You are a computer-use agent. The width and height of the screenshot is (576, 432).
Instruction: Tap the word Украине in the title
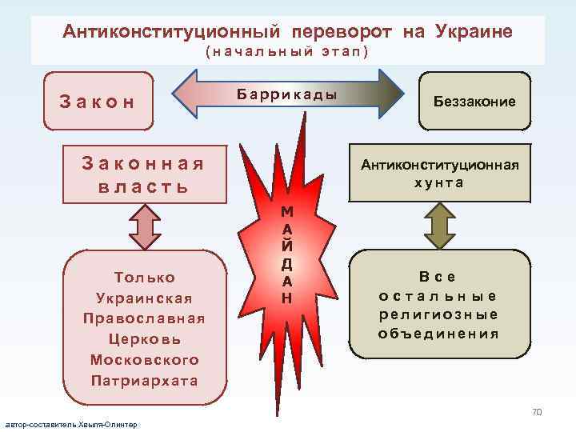click(x=474, y=32)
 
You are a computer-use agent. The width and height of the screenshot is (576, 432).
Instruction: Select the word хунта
click(x=439, y=182)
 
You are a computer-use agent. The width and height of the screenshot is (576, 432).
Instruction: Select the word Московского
click(x=144, y=360)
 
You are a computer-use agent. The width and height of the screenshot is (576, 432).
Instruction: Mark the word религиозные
click(x=439, y=315)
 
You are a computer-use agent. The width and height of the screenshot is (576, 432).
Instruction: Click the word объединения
click(x=439, y=334)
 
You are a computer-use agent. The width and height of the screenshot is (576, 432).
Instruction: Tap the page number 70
click(x=537, y=412)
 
